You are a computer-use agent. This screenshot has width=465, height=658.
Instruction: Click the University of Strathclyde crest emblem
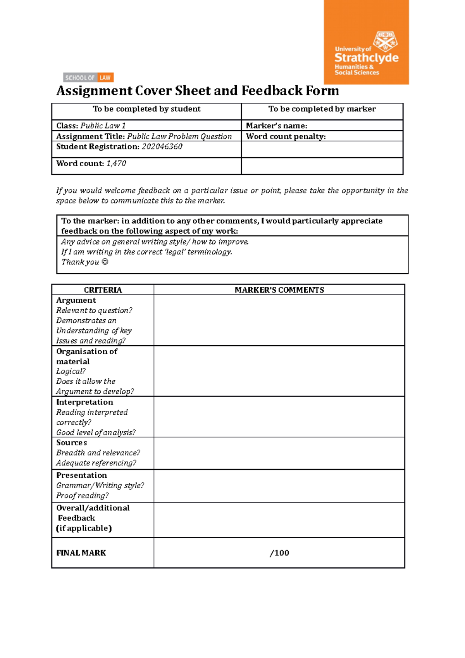pos(385,41)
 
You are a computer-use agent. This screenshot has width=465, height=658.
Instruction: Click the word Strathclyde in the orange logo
pos(366,58)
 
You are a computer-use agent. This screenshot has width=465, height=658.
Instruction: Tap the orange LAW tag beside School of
pos(105,78)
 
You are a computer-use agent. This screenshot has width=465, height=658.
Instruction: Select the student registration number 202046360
pos(162,147)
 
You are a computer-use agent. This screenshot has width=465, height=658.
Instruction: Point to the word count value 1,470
pos(116,164)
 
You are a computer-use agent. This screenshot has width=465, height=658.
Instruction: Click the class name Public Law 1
pos(103,126)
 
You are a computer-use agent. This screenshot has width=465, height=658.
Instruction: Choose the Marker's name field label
pos(276,126)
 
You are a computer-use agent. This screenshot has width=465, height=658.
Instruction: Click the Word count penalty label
pos(286,136)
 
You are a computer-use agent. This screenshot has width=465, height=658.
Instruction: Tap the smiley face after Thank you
pos(105,262)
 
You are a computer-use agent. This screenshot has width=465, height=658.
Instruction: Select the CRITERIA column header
pos(103,290)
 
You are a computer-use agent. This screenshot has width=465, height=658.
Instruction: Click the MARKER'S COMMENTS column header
pos(279,290)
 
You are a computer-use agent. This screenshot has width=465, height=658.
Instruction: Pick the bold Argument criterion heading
pos(76,300)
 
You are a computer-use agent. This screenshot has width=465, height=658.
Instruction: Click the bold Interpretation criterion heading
pos(84,402)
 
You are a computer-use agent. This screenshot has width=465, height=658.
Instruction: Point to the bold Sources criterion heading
pos(71,443)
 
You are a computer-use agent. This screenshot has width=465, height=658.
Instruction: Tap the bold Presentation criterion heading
pos(81,475)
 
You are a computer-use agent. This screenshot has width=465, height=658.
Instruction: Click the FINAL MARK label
pos(81,553)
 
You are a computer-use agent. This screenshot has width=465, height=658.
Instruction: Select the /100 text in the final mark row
pos(279,553)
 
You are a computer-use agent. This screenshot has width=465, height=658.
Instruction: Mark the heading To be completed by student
pos(146,109)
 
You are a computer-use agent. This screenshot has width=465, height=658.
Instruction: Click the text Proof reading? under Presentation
pos(82,496)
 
